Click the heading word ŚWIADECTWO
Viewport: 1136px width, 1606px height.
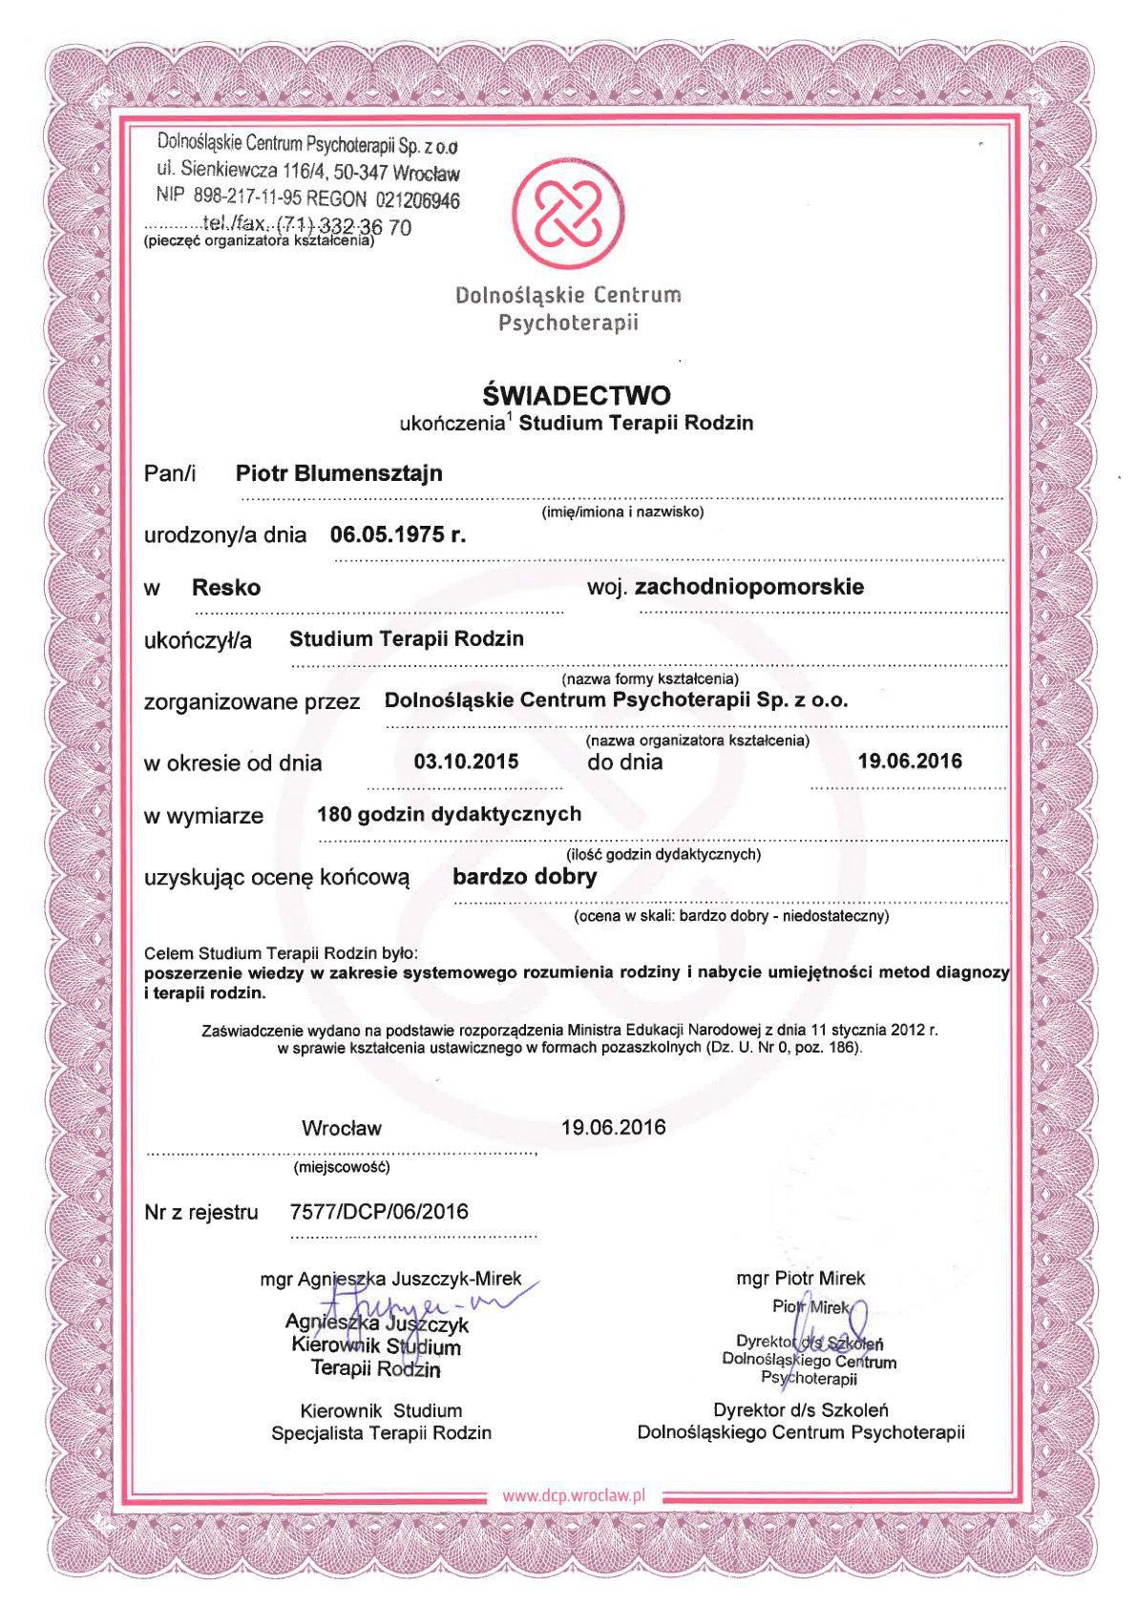click(x=576, y=394)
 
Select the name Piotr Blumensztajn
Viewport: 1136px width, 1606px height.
click(x=339, y=473)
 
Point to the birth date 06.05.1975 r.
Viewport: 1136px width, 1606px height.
click(x=398, y=534)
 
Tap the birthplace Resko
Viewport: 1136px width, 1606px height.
click(x=226, y=587)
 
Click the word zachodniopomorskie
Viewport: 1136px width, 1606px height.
click(x=749, y=586)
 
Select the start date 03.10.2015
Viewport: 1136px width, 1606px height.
click(x=466, y=761)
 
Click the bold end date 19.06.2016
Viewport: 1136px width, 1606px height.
click(x=910, y=761)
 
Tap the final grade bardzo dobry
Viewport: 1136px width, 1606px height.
click(x=525, y=876)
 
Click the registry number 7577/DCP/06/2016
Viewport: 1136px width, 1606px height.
click(x=379, y=1212)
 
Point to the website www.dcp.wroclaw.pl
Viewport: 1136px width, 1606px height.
click(x=575, y=1495)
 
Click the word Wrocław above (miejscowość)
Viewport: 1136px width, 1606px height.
click(x=342, y=1128)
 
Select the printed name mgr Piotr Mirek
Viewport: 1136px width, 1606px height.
click(x=801, y=1278)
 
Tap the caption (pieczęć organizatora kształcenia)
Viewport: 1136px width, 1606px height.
click(x=259, y=241)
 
